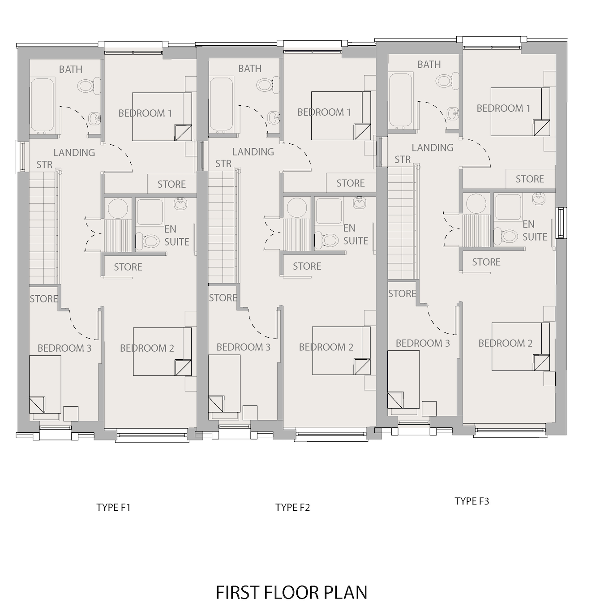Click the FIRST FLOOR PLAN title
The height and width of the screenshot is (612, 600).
point(291,592)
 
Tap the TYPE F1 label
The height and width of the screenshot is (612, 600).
point(113,508)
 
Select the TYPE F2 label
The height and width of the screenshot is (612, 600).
point(292,508)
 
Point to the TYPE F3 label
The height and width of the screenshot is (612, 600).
point(472,501)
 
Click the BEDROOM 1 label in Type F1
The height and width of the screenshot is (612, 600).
point(145,113)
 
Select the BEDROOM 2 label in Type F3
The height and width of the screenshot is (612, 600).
point(506,343)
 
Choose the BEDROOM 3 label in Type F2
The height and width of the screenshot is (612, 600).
point(244,347)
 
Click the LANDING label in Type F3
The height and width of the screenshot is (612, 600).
point(433,148)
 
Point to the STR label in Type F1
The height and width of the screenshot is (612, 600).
point(44,164)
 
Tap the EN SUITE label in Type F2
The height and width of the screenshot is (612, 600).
point(356,235)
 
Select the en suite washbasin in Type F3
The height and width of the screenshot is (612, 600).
point(539,198)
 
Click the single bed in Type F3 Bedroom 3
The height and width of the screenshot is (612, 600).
point(403,379)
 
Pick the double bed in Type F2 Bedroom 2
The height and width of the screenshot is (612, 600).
point(341,351)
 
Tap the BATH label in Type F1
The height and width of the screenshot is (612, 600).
point(70,69)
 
